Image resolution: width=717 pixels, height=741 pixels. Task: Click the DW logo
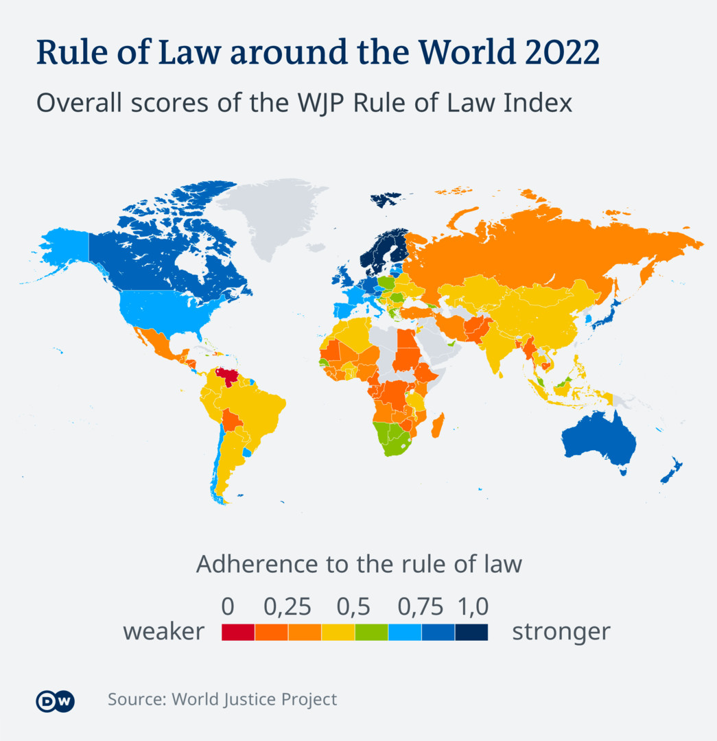click(55, 701)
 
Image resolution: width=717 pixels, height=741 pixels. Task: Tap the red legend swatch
click(238, 632)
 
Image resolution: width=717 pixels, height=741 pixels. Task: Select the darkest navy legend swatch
click(471, 632)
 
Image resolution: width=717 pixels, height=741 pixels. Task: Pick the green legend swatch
click(371, 632)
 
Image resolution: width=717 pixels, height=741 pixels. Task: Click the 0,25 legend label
click(287, 607)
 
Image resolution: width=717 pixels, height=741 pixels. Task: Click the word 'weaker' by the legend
click(163, 631)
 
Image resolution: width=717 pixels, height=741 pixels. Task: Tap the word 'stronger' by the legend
click(561, 631)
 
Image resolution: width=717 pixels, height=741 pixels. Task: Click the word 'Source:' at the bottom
click(137, 700)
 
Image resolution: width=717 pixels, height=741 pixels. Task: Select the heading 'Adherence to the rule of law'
click(359, 565)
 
